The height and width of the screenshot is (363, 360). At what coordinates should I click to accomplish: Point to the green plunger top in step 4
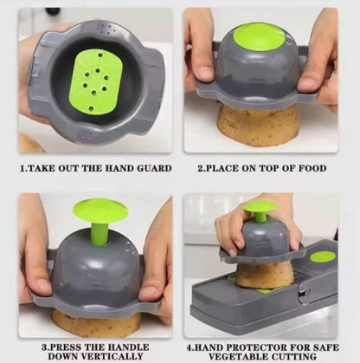click(260, 207)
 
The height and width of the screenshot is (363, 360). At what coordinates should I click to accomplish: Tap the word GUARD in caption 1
click(151, 168)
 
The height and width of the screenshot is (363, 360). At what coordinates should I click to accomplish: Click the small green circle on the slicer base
click(322, 256)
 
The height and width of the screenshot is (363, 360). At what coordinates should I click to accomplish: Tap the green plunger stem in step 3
click(100, 232)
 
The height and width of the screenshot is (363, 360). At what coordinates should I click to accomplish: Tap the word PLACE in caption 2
click(220, 168)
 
